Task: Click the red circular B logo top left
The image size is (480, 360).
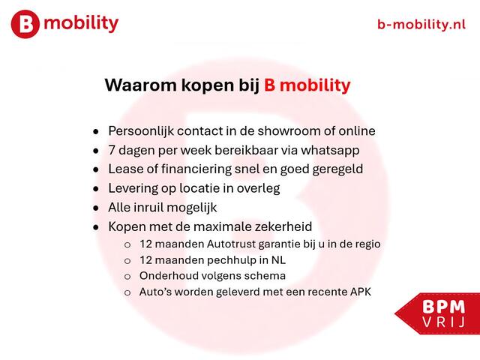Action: pyautogui.click(x=25, y=24)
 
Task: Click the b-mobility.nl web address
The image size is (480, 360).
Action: pyautogui.click(x=421, y=24)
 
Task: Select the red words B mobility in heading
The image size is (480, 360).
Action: pyautogui.click(x=307, y=85)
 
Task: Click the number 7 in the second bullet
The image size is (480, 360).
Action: pyautogui.click(x=112, y=150)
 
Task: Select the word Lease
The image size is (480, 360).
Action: pyautogui.click(x=126, y=169)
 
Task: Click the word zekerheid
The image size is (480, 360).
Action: pyautogui.click(x=282, y=226)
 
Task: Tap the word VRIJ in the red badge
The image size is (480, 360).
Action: pyautogui.click(x=442, y=322)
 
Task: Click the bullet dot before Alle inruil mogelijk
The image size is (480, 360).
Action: pyautogui.click(x=94, y=208)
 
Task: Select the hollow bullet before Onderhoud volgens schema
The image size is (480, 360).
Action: pyautogui.click(x=127, y=277)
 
